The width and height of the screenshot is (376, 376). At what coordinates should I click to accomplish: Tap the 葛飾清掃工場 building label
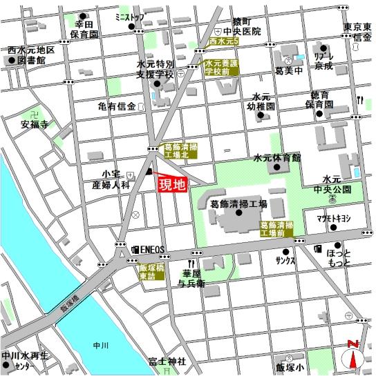238,204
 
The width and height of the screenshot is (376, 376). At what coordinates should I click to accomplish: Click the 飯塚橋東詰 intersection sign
151,271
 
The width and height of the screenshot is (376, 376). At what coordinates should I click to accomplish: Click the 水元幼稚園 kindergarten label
264,102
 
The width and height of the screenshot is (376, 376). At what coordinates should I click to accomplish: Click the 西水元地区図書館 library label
31,56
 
